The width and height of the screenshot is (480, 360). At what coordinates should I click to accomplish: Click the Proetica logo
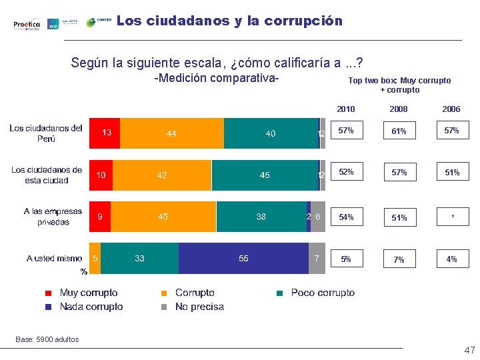(x=27, y=24)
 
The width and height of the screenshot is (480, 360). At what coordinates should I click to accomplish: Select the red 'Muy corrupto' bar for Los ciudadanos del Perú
(x=105, y=134)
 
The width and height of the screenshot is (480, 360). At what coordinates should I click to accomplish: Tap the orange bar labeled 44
(x=171, y=134)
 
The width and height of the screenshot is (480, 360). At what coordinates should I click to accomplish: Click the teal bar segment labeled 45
(x=265, y=175)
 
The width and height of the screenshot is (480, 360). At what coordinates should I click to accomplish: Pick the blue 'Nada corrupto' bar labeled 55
(x=243, y=258)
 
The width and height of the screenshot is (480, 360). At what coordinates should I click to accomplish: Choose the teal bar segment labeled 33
(x=139, y=258)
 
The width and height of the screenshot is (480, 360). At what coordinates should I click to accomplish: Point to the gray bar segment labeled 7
(x=317, y=258)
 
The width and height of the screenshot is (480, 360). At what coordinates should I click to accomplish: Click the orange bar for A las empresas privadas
(x=163, y=217)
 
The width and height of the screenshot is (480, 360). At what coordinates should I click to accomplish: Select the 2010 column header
(x=346, y=109)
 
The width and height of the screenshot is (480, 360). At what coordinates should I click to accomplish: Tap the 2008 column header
(x=399, y=109)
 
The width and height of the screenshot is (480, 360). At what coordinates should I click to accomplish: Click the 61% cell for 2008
(x=399, y=131)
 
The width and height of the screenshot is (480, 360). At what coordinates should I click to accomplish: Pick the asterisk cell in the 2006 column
(x=452, y=217)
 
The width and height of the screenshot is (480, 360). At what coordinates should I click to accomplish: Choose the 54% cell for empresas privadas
(x=346, y=217)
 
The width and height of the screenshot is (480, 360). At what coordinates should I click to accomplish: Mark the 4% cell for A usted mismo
(x=452, y=259)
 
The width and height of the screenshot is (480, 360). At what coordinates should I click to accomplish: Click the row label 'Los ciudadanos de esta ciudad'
(x=47, y=175)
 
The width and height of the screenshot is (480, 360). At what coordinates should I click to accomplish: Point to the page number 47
(x=469, y=350)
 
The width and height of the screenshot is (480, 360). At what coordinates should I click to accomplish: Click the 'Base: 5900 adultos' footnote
(x=47, y=339)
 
